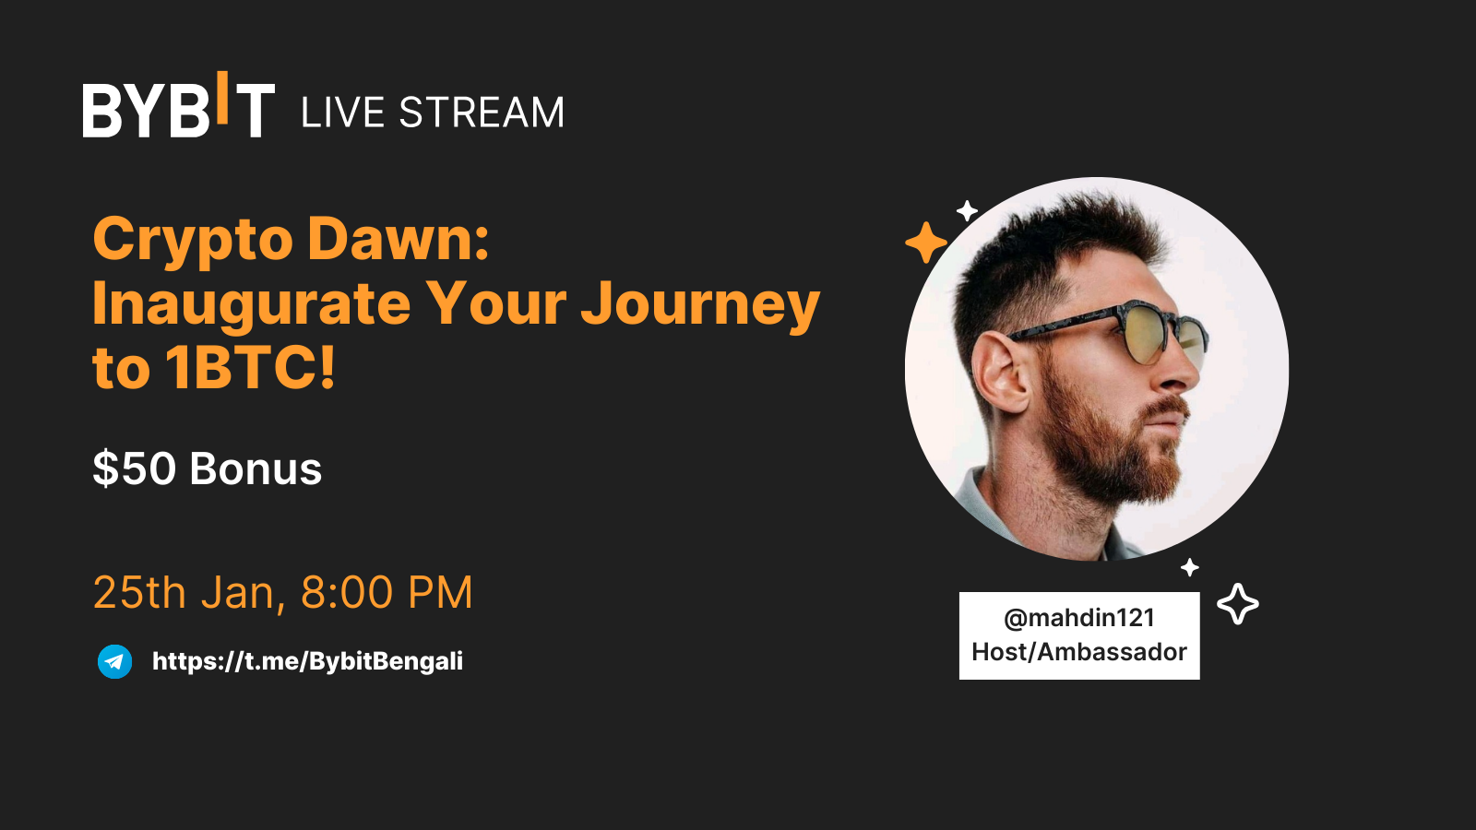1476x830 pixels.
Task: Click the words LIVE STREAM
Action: point(432,113)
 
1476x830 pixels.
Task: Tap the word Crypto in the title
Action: point(193,240)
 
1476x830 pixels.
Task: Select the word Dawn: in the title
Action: point(399,239)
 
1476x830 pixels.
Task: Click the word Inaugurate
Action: point(251,303)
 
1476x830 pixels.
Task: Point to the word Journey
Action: point(700,304)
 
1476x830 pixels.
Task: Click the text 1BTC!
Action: point(251,368)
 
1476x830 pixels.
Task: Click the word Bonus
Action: point(256,468)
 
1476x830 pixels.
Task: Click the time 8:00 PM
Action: point(387,592)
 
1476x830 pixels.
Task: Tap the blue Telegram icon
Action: point(115,661)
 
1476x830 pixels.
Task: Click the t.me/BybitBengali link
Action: point(307,661)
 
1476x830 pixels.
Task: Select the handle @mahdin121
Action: point(1078,618)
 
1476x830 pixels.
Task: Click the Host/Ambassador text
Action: point(1078,652)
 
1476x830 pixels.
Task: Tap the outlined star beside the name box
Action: point(1237,604)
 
